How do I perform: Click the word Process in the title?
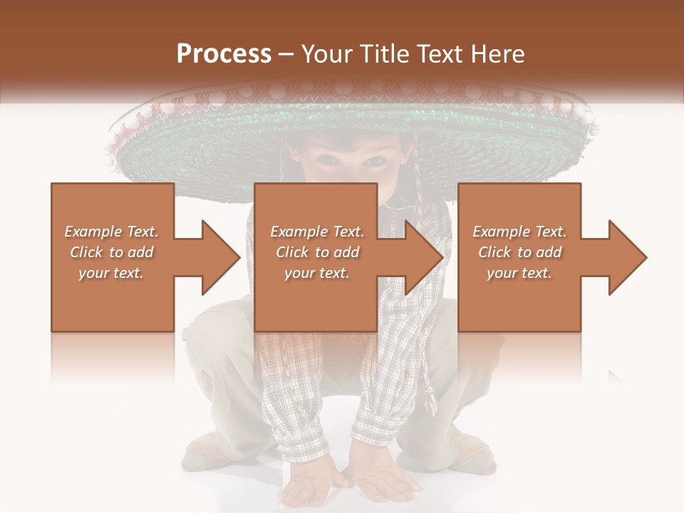[x=224, y=54]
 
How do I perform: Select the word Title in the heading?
[x=381, y=54]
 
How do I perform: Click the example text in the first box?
[x=111, y=252]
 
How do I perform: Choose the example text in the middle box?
[x=316, y=252]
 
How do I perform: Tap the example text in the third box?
[x=519, y=252]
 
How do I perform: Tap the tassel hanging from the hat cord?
[x=430, y=402]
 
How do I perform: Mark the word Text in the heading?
[x=437, y=54]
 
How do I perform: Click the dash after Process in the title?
[x=286, y=54]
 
